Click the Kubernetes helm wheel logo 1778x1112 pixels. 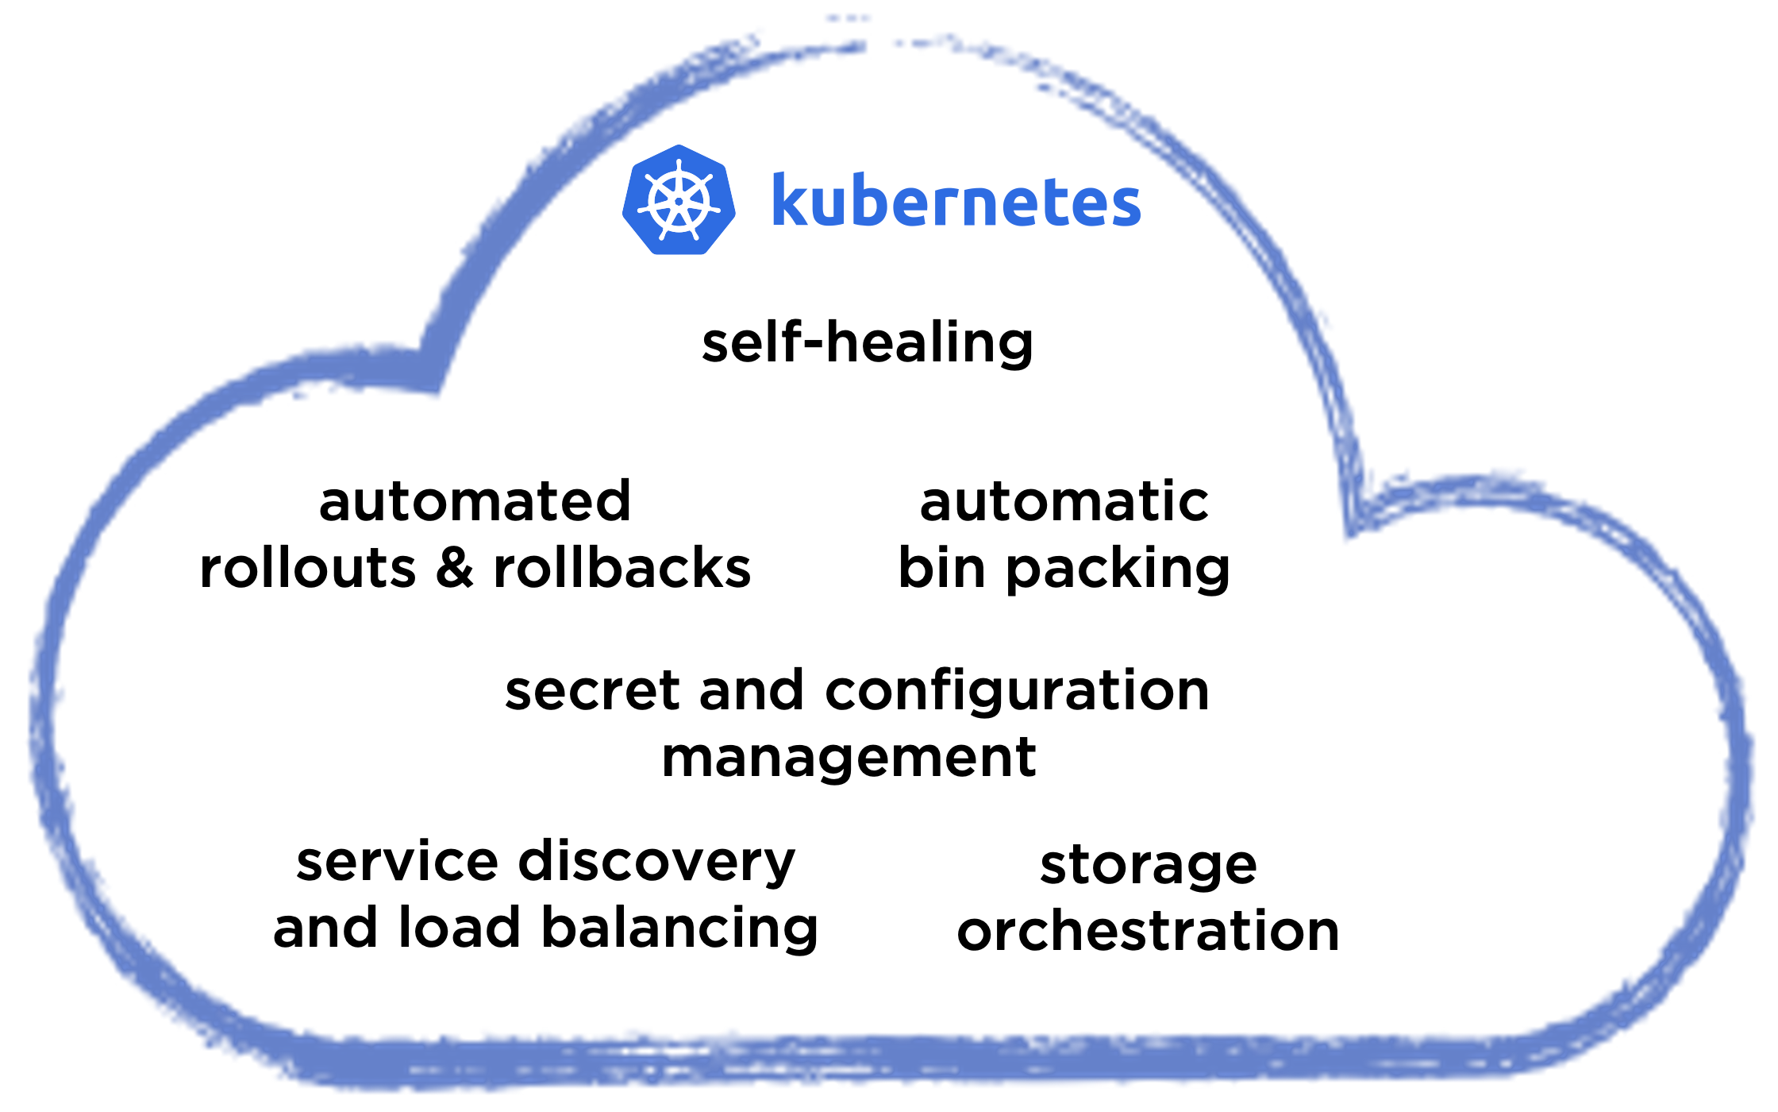tap(679, 200)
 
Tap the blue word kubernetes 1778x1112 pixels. tap(956, 202)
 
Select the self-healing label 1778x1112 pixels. tap(868, 343)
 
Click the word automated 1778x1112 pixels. tap(475, 502)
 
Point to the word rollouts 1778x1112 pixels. tap(308, 569)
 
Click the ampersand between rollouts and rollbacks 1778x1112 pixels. tap(455, 569)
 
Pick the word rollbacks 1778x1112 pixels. tap(622, 569)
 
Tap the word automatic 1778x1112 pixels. tap(1064, 502)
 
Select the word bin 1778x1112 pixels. tap(941, 569)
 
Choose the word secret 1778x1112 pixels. tap(592, 690)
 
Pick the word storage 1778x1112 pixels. tap(1149, 866)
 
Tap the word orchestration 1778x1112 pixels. tap(1149, 931)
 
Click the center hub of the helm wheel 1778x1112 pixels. tap(679, 202)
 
